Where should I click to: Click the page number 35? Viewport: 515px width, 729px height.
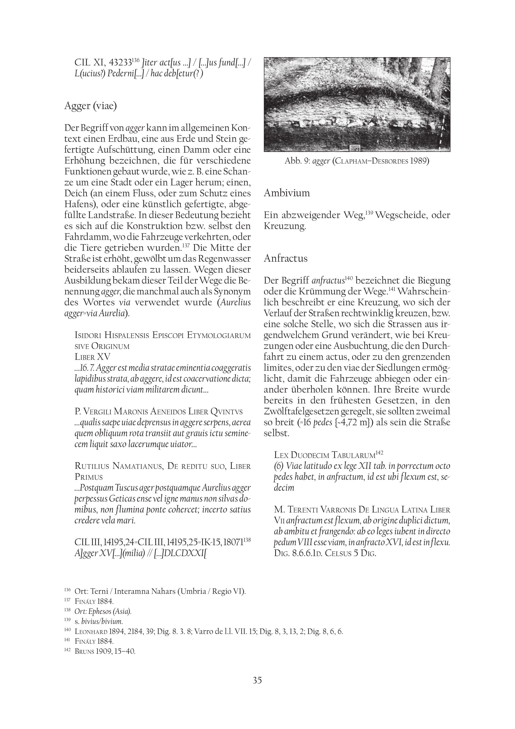(257, 689)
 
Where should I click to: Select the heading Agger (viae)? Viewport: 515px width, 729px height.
(90, 106)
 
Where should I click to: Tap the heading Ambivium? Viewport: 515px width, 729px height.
(287, 193)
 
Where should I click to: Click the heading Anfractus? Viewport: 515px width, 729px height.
(286, 258)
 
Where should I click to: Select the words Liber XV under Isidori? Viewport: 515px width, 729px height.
(92, 357)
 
